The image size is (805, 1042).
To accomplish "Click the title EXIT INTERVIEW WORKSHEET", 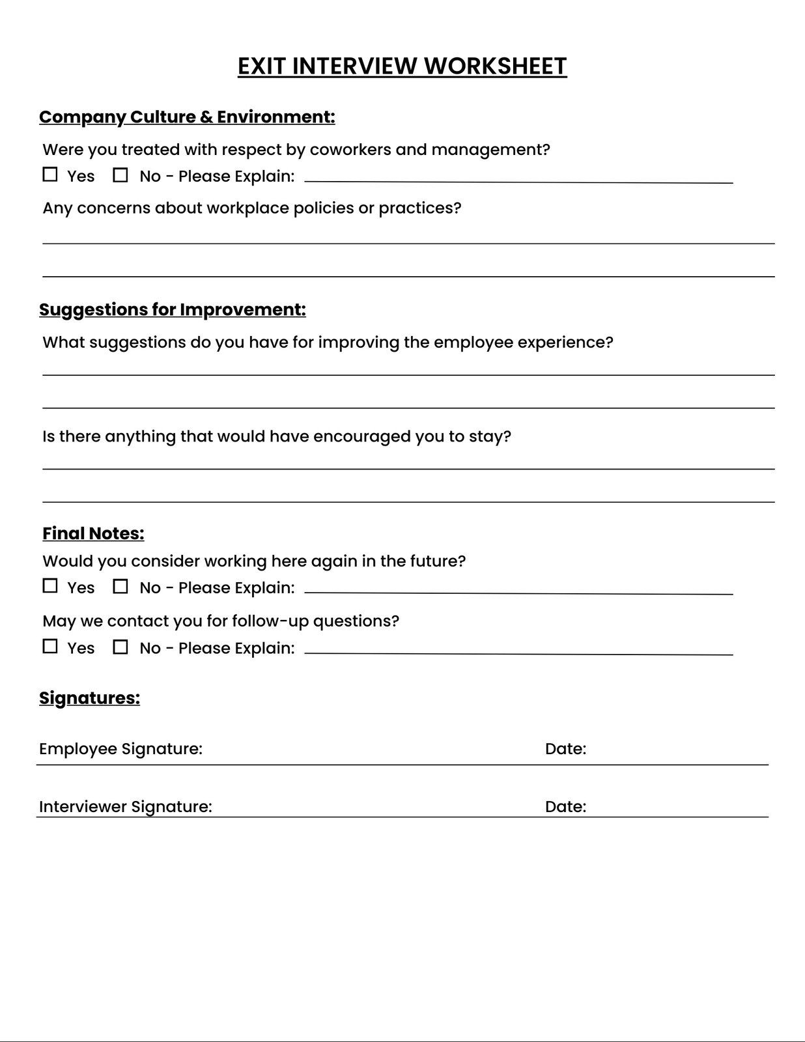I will (x=402, y=66).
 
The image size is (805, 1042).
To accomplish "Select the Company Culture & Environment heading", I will (x=187, y=117).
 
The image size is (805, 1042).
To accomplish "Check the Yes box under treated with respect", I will (x=50, y=175).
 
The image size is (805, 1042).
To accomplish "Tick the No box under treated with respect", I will (x=120, y=175).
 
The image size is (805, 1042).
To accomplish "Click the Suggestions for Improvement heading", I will (x=173, y=309).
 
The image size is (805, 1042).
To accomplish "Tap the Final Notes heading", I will (x=93, y=533).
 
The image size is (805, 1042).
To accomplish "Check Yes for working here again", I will (x=50, y=586).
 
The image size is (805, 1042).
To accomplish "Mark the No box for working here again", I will (x=120, y=586).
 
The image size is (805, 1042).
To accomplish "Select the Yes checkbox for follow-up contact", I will (x=50, y=647).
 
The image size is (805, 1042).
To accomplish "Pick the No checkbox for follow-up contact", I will (x=120, y=647).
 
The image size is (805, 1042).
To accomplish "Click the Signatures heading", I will (x=89, y=698).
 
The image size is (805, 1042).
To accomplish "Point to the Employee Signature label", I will (x=120, y=749).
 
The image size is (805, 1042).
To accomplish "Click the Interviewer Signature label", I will (x=126, y=807).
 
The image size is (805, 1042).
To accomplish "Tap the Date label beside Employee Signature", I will (x=565, y=749).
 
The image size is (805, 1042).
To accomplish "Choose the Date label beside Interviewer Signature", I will (x=565, y=807).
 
